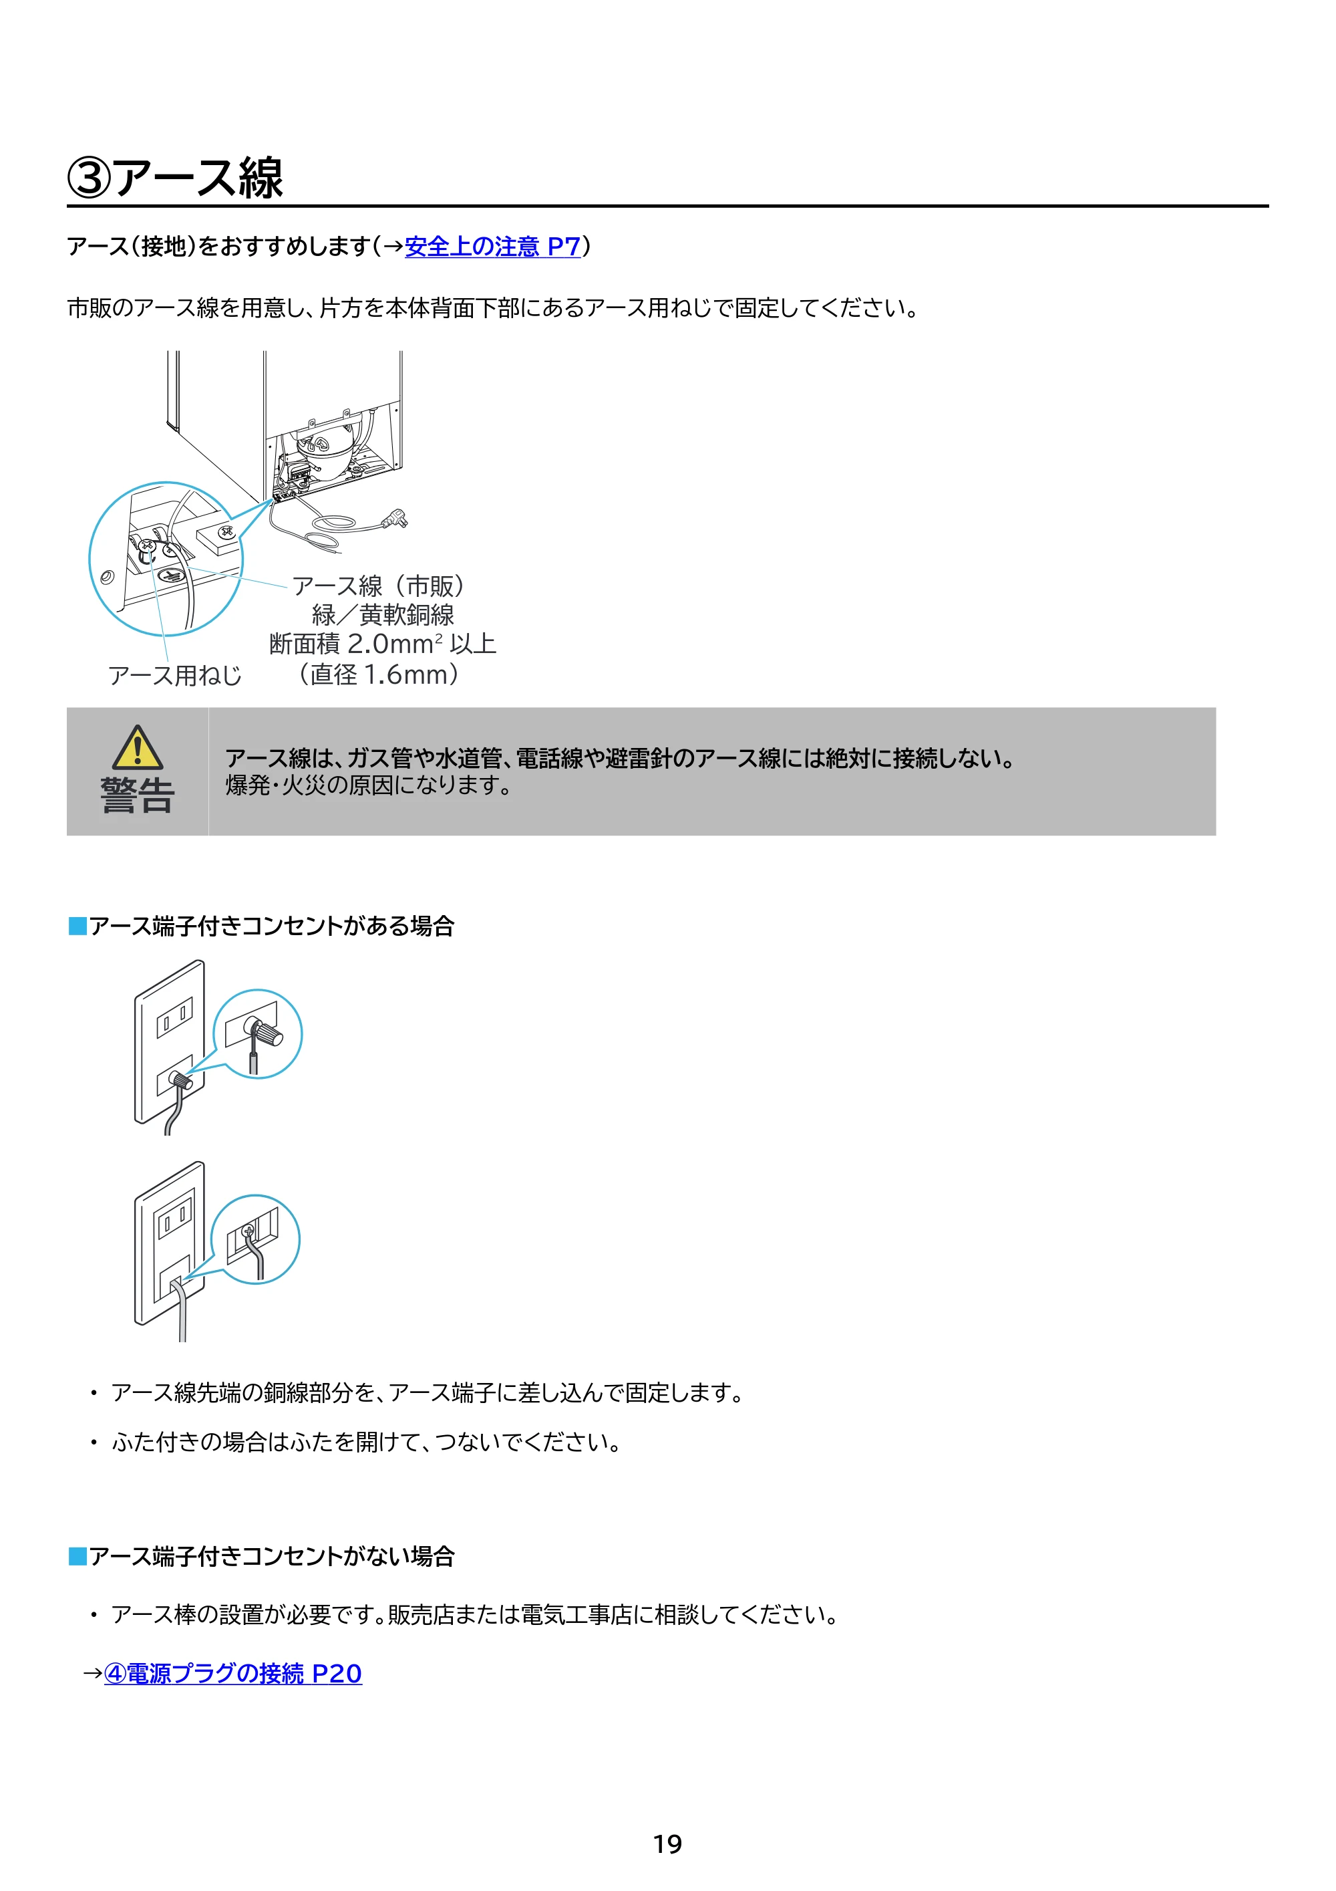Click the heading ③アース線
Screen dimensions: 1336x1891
point(175,177)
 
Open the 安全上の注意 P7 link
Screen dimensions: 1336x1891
point(492,246)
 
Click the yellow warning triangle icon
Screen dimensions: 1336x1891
point(137,747)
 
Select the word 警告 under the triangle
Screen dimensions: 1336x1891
point(138,795)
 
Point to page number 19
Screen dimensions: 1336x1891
point(667,1844)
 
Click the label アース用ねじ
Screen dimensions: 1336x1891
point(175,675)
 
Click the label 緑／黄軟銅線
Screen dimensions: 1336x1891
point(383,614)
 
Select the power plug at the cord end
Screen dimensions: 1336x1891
point(393,519)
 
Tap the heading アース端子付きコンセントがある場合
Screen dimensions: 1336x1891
point(272,926)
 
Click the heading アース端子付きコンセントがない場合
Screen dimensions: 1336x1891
point(272,1557)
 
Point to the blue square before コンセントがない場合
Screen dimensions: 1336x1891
point(77,1557)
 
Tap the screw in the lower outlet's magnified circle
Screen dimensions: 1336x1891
point(248,1232)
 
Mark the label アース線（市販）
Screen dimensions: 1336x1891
point(379,586)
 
